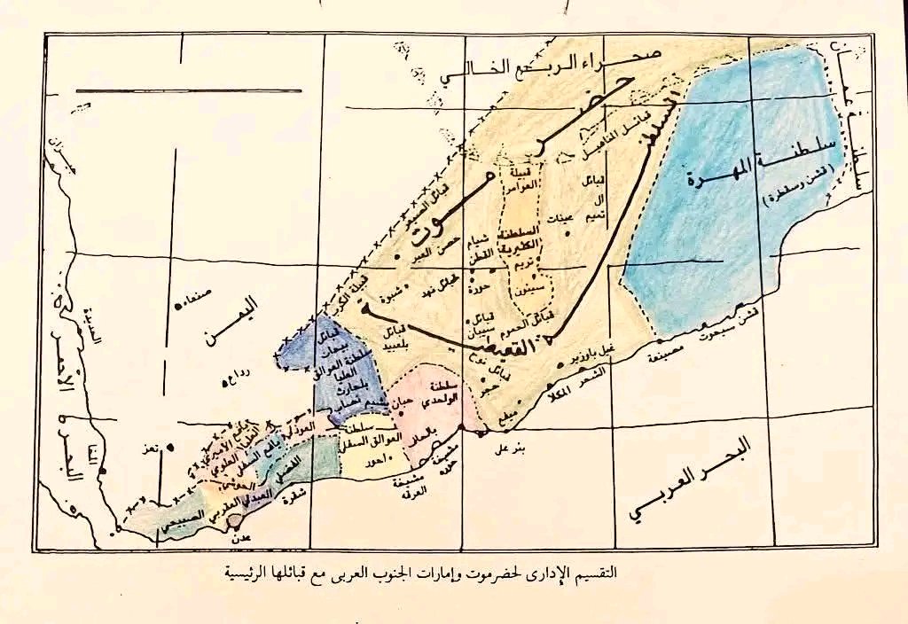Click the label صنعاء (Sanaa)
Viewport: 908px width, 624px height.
(x=202, y=299)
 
